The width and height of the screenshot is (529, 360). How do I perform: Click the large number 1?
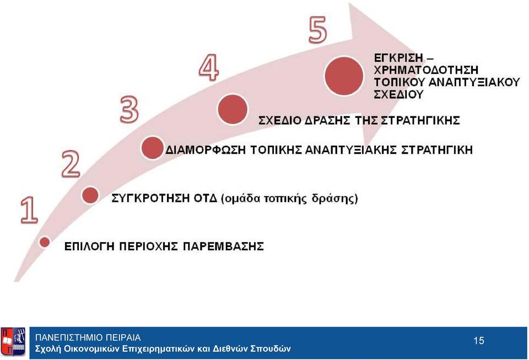(x=30, y=210)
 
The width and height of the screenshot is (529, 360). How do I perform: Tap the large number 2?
(x=71, y=164)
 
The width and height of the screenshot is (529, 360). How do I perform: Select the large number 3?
(x=129, y=109)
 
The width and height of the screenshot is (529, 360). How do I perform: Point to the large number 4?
(x=208, y=68)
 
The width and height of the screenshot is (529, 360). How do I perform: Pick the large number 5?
(x=318, y=30)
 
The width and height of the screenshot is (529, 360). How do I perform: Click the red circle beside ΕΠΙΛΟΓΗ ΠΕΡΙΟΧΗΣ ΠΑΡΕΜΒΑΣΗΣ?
(x=45, y=242)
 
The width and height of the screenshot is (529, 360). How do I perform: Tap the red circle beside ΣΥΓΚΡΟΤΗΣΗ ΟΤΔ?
(x=90, y=195)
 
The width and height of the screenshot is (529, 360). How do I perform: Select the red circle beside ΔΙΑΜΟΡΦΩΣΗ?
(x=152, y=148)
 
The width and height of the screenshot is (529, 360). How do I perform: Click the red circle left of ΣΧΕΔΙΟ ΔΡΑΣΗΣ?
(x=233, y=109)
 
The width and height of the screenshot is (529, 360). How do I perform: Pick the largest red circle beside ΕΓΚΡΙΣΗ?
(x=344, y=76)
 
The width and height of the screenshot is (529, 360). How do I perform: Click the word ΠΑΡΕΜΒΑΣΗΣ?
(x=223, y=246)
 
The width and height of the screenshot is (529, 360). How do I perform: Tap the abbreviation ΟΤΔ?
(x=205, y=198)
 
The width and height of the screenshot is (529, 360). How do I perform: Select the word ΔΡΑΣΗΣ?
(x=327, y=120)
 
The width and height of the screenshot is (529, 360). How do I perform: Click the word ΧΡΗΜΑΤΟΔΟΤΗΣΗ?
(x=426, y=70)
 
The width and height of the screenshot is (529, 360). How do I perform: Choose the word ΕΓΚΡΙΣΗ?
(x=398, y=58)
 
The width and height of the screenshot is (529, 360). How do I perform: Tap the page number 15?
(x=479, y=341)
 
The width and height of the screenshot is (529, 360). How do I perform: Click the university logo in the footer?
(x=13, y=341)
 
